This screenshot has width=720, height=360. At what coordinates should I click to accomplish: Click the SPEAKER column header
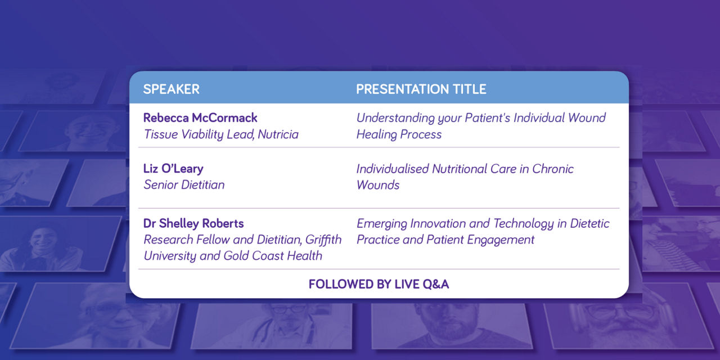click(172, 89)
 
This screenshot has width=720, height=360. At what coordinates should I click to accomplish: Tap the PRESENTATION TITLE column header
click(421, 89)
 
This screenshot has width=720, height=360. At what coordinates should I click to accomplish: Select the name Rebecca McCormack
click(200, 118)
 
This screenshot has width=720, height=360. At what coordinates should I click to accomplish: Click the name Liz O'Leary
click(173, 169)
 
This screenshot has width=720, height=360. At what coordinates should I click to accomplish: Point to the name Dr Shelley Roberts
click(193, 223)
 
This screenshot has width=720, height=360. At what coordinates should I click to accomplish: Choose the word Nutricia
click(278, 134)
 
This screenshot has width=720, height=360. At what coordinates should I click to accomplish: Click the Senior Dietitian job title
click(184, 185)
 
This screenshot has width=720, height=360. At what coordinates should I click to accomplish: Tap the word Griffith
click(323, 240)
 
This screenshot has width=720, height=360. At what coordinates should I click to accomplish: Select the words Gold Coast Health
click(273, 256)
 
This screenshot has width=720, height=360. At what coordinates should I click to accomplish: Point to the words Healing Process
click(399, 134)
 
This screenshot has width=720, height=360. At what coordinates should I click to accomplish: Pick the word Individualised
click(393, 169)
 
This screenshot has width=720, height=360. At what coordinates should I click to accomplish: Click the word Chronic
click(553, 169)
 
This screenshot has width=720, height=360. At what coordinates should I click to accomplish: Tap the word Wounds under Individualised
click(378, 185)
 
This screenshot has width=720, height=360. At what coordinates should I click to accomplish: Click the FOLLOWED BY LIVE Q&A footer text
click(379, 285)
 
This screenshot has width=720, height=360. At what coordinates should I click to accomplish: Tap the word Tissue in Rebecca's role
click(161, 134)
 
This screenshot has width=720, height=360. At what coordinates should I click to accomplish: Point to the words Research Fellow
click(186, 240)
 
